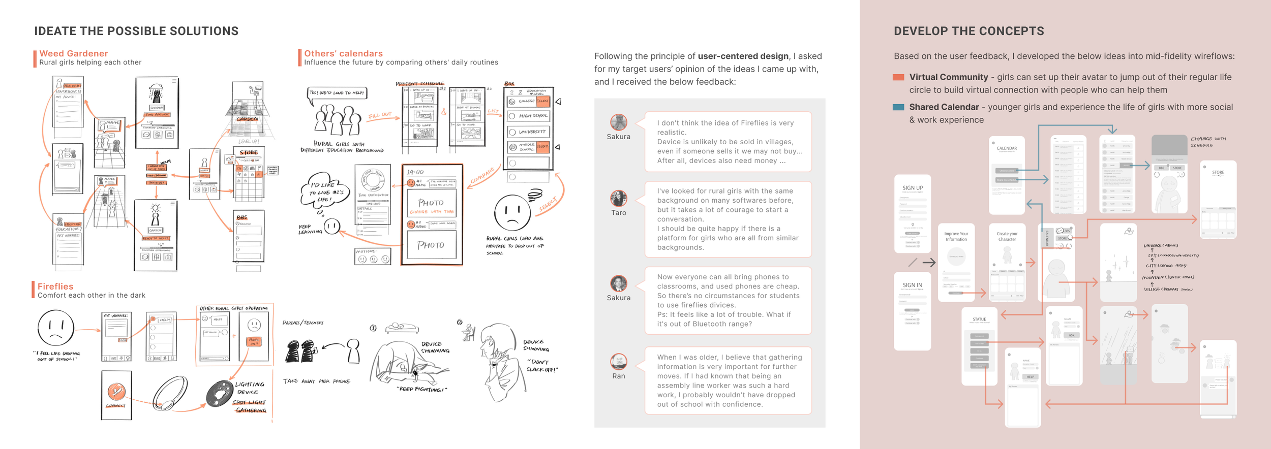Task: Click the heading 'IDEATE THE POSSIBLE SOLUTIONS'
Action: (x=136, y=31)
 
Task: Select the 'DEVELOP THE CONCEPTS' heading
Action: (x=969, y=31)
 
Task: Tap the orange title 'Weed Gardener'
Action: (x=74, y=53)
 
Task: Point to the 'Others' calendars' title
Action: (x=343, y=53)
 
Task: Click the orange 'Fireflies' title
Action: (x=55, y=286)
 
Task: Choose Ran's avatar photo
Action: (x=619, y=361)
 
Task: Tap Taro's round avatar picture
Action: (x=619, y=198)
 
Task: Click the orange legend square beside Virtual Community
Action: (x=898, y=77)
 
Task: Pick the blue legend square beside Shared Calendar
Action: (x=898, y=107)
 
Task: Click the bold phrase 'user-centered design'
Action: (x=743, y=56)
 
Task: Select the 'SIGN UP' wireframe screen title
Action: (x=913, y=188)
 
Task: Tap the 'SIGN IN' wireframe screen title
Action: (x=912, y=285)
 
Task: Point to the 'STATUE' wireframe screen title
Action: (x=979, y=319)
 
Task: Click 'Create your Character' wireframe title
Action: (x=1007, y=237)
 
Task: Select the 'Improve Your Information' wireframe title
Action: (x=956, y=237)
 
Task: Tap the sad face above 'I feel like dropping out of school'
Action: (x=56, y=328)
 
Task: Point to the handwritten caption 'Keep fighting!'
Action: (x=421, y=390)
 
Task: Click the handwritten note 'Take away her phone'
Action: (x=317, y=381)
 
